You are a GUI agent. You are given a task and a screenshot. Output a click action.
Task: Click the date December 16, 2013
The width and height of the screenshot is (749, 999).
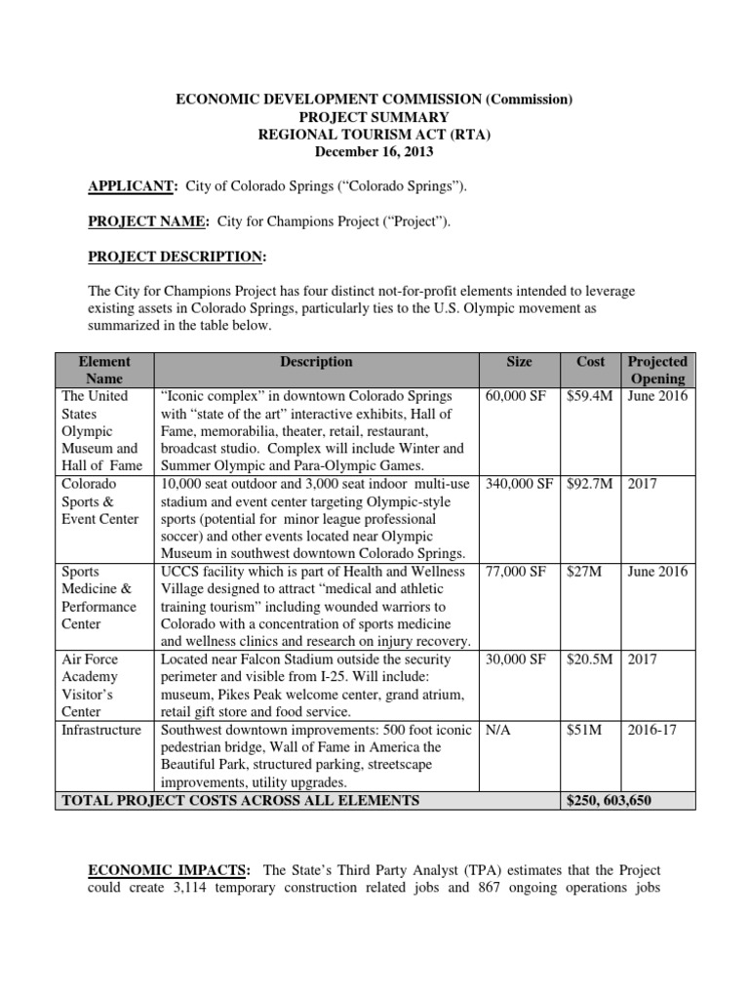pos(374,151)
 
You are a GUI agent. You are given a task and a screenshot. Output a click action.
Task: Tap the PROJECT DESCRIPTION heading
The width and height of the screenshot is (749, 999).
pos(177,257)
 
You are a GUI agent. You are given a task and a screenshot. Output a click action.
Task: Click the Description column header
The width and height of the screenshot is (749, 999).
pos(316,361)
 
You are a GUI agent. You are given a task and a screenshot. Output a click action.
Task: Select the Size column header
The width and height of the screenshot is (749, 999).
pos(519,361)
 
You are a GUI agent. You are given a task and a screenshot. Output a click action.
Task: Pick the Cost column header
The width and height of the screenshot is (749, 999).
pos(590,361)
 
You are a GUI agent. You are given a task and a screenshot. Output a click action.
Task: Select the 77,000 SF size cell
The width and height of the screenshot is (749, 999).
pos(516,572)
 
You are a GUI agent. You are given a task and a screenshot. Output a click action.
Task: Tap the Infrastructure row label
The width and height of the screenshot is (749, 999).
pos(101,730)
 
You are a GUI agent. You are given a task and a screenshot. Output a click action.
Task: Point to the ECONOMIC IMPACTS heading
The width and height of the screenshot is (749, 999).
pos(169,870)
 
